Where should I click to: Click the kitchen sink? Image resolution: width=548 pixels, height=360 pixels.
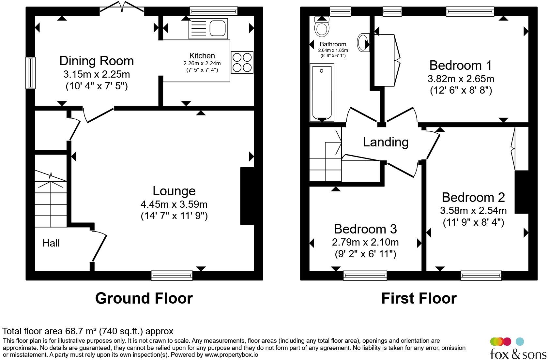click(x=208, y=28)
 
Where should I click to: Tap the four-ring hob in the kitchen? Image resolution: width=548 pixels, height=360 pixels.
click(x=242, y=62)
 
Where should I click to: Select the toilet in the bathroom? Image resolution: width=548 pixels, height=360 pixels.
click(x=322, y=26)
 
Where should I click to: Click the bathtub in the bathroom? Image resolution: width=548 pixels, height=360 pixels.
click(x=322, y=93)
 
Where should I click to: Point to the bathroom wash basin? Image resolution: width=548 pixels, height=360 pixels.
click(x=363, y=42)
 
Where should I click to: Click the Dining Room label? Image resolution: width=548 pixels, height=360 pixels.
click(x=97, y=61)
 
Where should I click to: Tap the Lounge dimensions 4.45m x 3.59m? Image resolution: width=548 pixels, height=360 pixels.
click(x=174, y=204)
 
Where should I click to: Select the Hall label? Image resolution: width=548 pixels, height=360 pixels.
click(x=51, y=243)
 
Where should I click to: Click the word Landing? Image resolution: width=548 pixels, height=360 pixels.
click(x=386, y=142)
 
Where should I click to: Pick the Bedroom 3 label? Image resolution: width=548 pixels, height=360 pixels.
click(x=365, y=229)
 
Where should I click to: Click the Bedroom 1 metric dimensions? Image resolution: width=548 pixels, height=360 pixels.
click(x=461, y=79)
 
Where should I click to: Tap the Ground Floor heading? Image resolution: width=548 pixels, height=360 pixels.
click(x=144, y=298)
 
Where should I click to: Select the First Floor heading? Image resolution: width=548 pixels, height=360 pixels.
click(x=419, y=298)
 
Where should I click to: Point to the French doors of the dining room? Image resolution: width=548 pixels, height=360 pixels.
click(x=122, y=7)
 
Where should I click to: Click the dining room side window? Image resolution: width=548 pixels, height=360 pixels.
click(x=31, y=73)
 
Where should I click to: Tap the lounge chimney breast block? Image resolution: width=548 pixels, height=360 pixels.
click(x=247, y=196)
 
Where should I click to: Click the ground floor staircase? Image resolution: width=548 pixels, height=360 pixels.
click(x=51, y=199)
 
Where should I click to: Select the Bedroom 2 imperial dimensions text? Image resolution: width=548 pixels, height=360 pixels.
click(x=473, y=222)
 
